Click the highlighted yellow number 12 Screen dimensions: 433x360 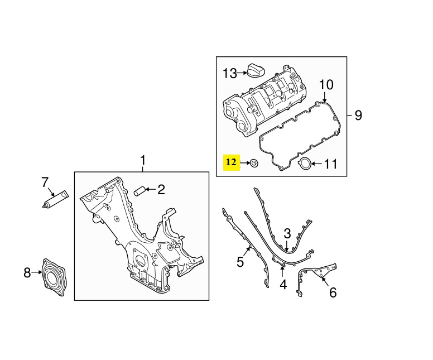pyautogui.click(x=232, y=163)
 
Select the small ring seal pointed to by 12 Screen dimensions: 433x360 pyautogui.click(x=254, y=163)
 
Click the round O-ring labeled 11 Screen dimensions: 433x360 pyautogui.click(x=304, y=163)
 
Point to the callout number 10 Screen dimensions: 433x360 pyautogui.click(x=326, y=85)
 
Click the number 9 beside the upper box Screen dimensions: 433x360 pyautogui.click(x=358, y=115)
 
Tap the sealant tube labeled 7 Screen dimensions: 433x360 pyautogui.click(x=56, y=199)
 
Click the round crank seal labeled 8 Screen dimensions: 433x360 pyautogui.click(x=54, y=277)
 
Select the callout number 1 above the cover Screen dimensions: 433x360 pyautogui.click(x=142, y=161)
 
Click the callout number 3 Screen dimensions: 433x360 pyautogui.click(x=287, y=233)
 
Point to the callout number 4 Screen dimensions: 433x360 pyautogui.click(x=283, y=284)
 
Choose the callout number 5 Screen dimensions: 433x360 pyautogui.click(x=240, y=262)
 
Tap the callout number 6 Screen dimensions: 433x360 pyautogui.click(x=333, y=292)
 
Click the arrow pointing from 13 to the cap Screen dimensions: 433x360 pyautogui.click(x=242, y=73)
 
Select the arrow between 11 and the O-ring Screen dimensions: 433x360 pyautogui.click(x=317, y=164)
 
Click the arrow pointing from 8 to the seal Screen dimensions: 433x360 pyautogui.click(x=36, y=272)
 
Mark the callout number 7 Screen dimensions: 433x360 pyautogui.click(x=45, y=182)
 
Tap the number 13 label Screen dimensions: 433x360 pyautogui.click(x=230, y=74)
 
